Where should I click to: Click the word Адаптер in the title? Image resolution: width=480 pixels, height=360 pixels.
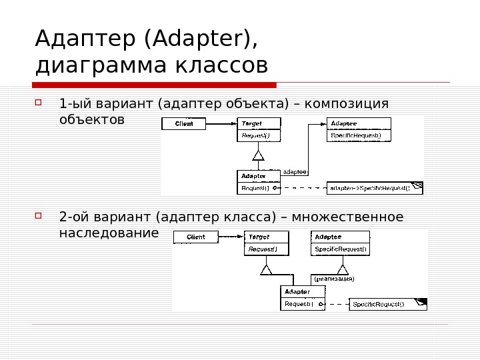tap(85, 39)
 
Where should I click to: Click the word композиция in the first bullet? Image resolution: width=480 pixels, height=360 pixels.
tap(347, 104)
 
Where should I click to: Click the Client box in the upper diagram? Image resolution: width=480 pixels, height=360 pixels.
tap(184, 124)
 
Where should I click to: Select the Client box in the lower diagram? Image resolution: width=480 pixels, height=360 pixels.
tap(195, 237)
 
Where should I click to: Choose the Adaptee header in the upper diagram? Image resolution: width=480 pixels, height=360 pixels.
tap(359, 123)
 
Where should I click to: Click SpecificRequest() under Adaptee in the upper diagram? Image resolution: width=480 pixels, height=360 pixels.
tap(359, 135)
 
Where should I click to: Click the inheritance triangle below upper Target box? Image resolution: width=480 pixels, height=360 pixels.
tap(259, 156)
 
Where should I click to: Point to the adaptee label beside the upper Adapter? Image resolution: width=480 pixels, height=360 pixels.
tap(294, 171)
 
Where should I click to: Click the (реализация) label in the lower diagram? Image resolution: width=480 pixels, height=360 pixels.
tap(333, 279)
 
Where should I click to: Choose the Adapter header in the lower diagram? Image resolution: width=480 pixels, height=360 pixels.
tap(303, 292)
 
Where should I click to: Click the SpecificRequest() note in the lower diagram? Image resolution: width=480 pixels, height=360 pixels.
tap(387, 305)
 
